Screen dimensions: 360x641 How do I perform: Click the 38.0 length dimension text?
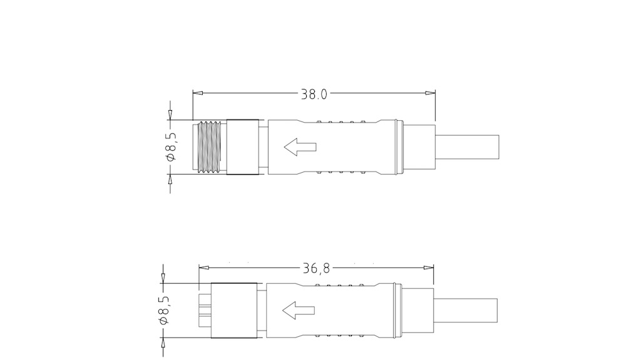(x=314, y=94)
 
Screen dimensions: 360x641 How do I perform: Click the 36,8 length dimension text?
(x=316, y=269)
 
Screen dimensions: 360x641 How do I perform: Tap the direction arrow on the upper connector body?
(x=300, y=148)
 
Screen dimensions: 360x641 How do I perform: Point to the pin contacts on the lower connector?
(x=205, y=310)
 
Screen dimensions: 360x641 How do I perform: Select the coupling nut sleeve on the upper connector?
(x=243, y=147)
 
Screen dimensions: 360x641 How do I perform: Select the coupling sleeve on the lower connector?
(x=235, y=310)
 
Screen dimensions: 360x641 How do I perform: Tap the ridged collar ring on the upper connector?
(x=396, y=148)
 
